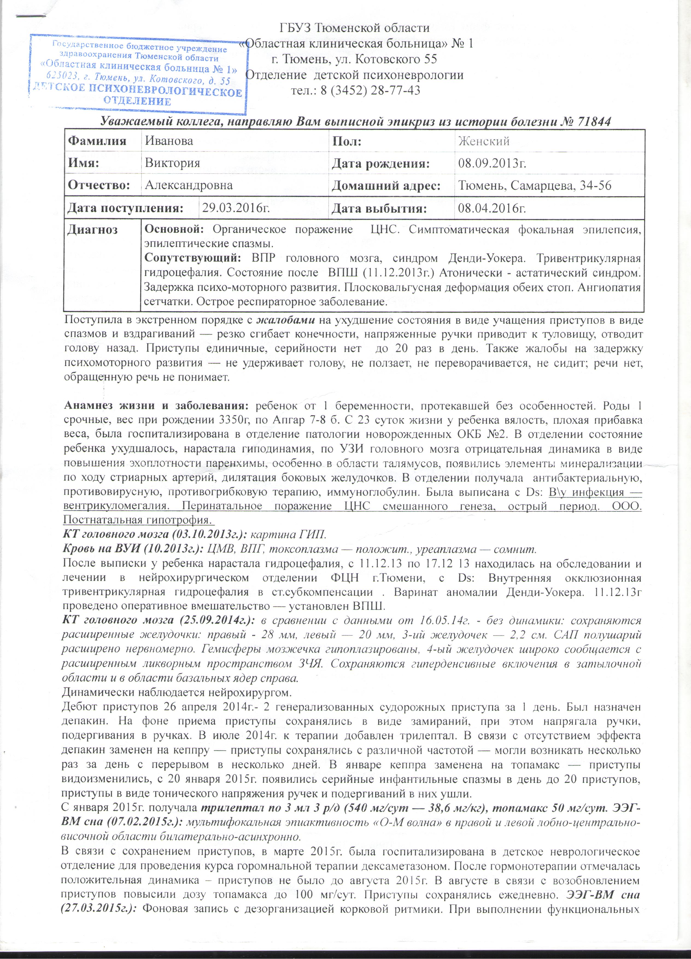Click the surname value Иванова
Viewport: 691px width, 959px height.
pos(169,141)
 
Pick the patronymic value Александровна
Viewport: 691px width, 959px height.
pos(189,185)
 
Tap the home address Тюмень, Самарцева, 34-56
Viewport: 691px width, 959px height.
pos(535,185)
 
